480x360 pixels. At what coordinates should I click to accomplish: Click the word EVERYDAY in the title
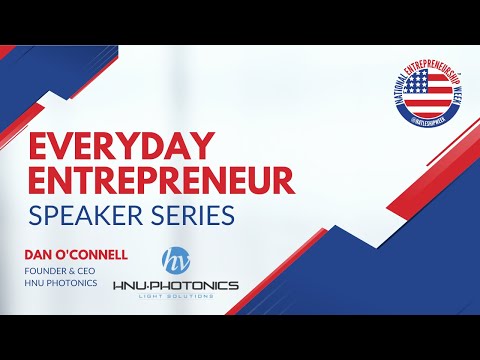coord(106,147)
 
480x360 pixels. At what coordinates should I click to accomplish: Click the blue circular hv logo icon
coord(176,257)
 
